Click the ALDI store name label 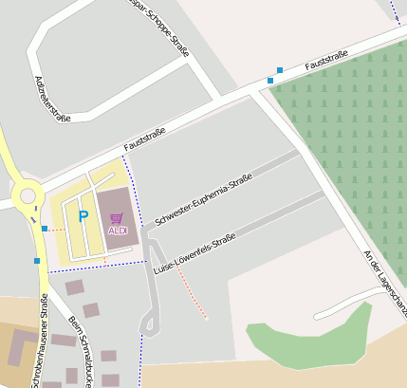118,231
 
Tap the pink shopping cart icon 117,218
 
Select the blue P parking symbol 83,216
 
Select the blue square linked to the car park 45,228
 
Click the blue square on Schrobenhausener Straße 36,260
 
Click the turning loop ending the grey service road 148,323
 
